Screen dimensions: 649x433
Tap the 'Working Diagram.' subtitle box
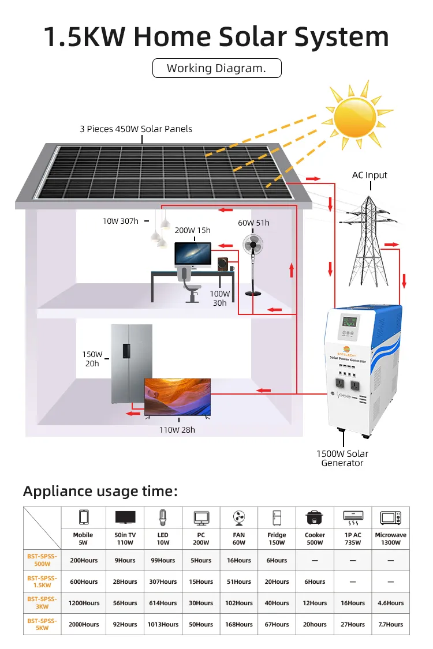click(216, 68)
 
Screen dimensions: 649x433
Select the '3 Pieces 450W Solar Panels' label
click(136, 129)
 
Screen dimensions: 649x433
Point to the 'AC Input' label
click(369, 175)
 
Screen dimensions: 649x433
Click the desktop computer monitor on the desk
click(193, 256)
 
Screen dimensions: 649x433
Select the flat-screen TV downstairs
click(177, 397)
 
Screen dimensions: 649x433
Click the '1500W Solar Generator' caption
click(342, 458)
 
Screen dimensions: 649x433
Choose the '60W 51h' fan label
click(253, 223)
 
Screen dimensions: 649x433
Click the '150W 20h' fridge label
click(92, 359)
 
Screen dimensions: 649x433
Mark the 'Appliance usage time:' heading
click(100, 492)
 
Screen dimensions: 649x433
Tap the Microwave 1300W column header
click(390, 539)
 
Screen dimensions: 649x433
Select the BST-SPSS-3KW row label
click(42, 603)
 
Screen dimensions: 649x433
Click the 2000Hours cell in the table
click(83, 624)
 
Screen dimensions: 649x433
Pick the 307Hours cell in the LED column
click(163, 582)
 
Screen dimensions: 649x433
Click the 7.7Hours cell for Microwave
click(390, 624)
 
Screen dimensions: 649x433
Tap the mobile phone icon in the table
click(83, 517)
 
